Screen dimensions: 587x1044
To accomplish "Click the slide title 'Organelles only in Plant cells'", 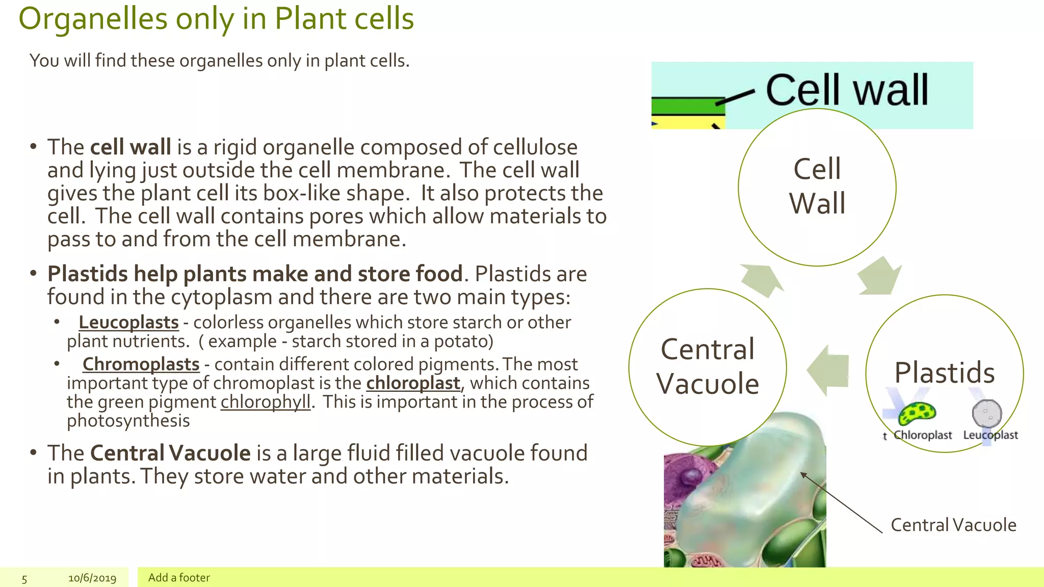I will click(216, 19).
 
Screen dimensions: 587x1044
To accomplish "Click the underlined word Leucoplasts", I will click(128, 323).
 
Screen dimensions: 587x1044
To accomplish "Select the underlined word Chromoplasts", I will click(141, 364).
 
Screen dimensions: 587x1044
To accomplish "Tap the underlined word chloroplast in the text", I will click(413, 383).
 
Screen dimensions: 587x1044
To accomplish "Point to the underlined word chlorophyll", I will click(266, 402).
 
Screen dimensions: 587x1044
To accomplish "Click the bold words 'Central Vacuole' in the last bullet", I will click(170, 453).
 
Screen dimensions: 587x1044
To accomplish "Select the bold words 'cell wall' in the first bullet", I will click(130, 147).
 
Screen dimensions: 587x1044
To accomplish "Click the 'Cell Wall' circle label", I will click(817, 186).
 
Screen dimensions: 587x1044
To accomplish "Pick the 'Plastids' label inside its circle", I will click(945, 372).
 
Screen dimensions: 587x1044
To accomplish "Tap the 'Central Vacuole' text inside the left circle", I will click(708, 366).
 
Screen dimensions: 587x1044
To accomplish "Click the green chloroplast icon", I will click(917, 413).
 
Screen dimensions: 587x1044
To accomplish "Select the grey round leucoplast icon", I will click(987, 413).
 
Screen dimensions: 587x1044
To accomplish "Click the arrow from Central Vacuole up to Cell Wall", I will click(761, 279).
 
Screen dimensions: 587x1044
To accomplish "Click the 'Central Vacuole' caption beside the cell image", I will click(953, 525).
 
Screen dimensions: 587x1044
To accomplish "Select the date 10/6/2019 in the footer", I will click(92, 578).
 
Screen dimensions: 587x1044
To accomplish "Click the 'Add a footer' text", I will click(179, 577).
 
